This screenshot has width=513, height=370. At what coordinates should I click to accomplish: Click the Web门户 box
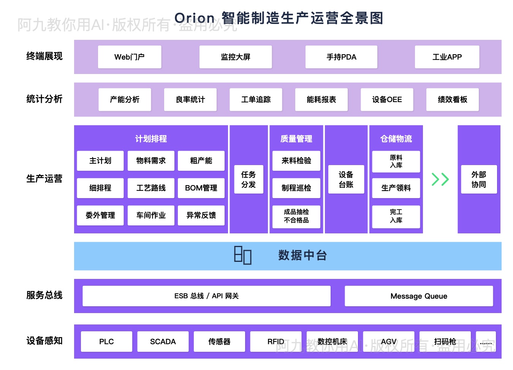(x=130, y=57)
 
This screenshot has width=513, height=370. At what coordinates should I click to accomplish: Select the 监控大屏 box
(x=236, y=57)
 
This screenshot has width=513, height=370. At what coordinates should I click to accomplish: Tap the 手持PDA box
(x=341, y=57)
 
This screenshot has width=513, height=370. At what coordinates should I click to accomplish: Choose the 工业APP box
(x=447, y=57)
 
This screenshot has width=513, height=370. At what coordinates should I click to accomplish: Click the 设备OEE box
(x=387, y=99)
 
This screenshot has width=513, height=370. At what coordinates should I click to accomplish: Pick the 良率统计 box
(x=190, y=99)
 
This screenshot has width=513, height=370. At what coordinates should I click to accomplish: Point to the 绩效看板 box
(x=452, y=99)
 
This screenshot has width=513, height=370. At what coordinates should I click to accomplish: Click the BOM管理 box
(x=201, y=188)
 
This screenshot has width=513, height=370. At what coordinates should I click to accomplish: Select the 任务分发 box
(x=249, y=179)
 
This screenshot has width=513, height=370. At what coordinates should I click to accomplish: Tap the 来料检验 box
(x=296, y=161)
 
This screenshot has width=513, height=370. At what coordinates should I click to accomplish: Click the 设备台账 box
(x=346, y=179)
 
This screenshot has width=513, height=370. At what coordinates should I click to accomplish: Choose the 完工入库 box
(x=396, y=216)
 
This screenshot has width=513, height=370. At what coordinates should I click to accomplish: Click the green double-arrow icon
(x=440, y=179)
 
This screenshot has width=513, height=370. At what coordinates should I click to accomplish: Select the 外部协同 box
(x=479, y=179)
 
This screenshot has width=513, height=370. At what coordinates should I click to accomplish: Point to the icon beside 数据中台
(x=242, y=255)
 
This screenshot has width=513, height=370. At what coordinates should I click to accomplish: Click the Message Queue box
(x=419, y=296)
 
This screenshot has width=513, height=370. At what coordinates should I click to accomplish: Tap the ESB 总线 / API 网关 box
(x=206, y=296)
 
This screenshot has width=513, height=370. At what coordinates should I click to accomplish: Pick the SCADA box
(x=163, y=342)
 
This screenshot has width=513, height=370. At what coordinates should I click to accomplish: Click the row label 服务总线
(x=44, y=295)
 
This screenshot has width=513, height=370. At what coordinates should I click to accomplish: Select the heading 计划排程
(x=151, y=139)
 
